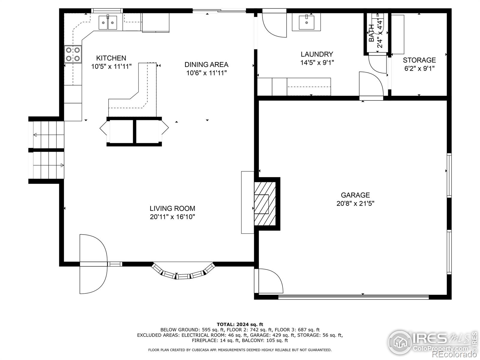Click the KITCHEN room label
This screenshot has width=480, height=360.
111,58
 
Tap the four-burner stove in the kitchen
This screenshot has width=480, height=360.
73,54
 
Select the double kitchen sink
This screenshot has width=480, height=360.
108,22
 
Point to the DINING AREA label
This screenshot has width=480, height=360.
206,64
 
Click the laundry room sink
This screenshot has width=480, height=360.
306,22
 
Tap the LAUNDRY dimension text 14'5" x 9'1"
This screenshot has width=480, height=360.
317,63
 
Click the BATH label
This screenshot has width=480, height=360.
371,33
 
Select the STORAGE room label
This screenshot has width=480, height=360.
419,60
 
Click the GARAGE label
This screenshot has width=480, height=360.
355,195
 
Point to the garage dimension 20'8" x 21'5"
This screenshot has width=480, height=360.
355,204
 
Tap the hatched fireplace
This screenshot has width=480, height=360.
265,203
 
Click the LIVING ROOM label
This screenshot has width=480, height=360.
172,208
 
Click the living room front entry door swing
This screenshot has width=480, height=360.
93,264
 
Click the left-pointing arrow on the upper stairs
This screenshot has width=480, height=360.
35,135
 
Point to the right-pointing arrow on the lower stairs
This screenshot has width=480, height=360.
62,165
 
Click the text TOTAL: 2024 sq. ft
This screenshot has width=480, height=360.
240,324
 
